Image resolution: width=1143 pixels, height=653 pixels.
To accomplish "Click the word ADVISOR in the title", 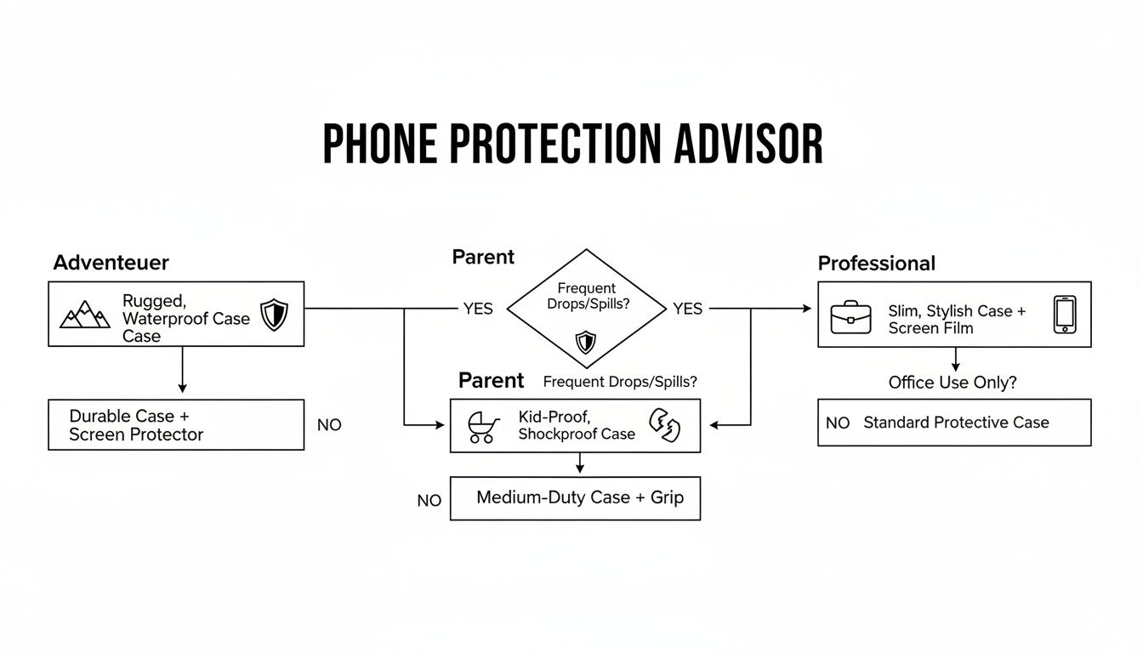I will point(748,145).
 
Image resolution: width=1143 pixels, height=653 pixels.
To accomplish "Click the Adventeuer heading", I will point(111,263).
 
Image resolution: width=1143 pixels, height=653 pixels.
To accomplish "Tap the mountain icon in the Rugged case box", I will point(85,315).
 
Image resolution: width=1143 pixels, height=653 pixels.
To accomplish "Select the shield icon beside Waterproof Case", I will point(274,315).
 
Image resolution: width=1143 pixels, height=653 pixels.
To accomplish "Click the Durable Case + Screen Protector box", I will point(175,424).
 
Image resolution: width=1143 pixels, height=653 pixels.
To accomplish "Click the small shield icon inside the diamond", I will point(585,342).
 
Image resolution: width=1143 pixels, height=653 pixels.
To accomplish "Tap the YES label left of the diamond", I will point(478,309).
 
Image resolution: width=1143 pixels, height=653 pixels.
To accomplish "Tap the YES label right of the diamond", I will point(687,309).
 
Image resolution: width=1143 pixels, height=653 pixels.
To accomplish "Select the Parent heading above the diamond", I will point(483,257).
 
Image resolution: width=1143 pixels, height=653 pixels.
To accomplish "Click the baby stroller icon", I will point(482,427).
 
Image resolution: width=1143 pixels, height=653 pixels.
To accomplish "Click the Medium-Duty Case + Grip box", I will point(575,497).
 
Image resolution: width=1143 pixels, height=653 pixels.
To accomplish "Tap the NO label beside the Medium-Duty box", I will point(429,501).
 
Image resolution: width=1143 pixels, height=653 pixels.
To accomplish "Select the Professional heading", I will point(876,264).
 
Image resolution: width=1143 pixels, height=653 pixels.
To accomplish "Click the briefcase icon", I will point(850,316).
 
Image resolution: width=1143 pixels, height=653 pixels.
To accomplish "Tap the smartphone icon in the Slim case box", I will point(1065,315).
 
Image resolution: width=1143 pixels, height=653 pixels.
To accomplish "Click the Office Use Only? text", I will point(952,383).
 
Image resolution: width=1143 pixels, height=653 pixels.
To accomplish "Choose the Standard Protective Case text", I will point(956,423).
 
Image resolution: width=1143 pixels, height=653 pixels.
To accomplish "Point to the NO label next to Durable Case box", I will point(329,424).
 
